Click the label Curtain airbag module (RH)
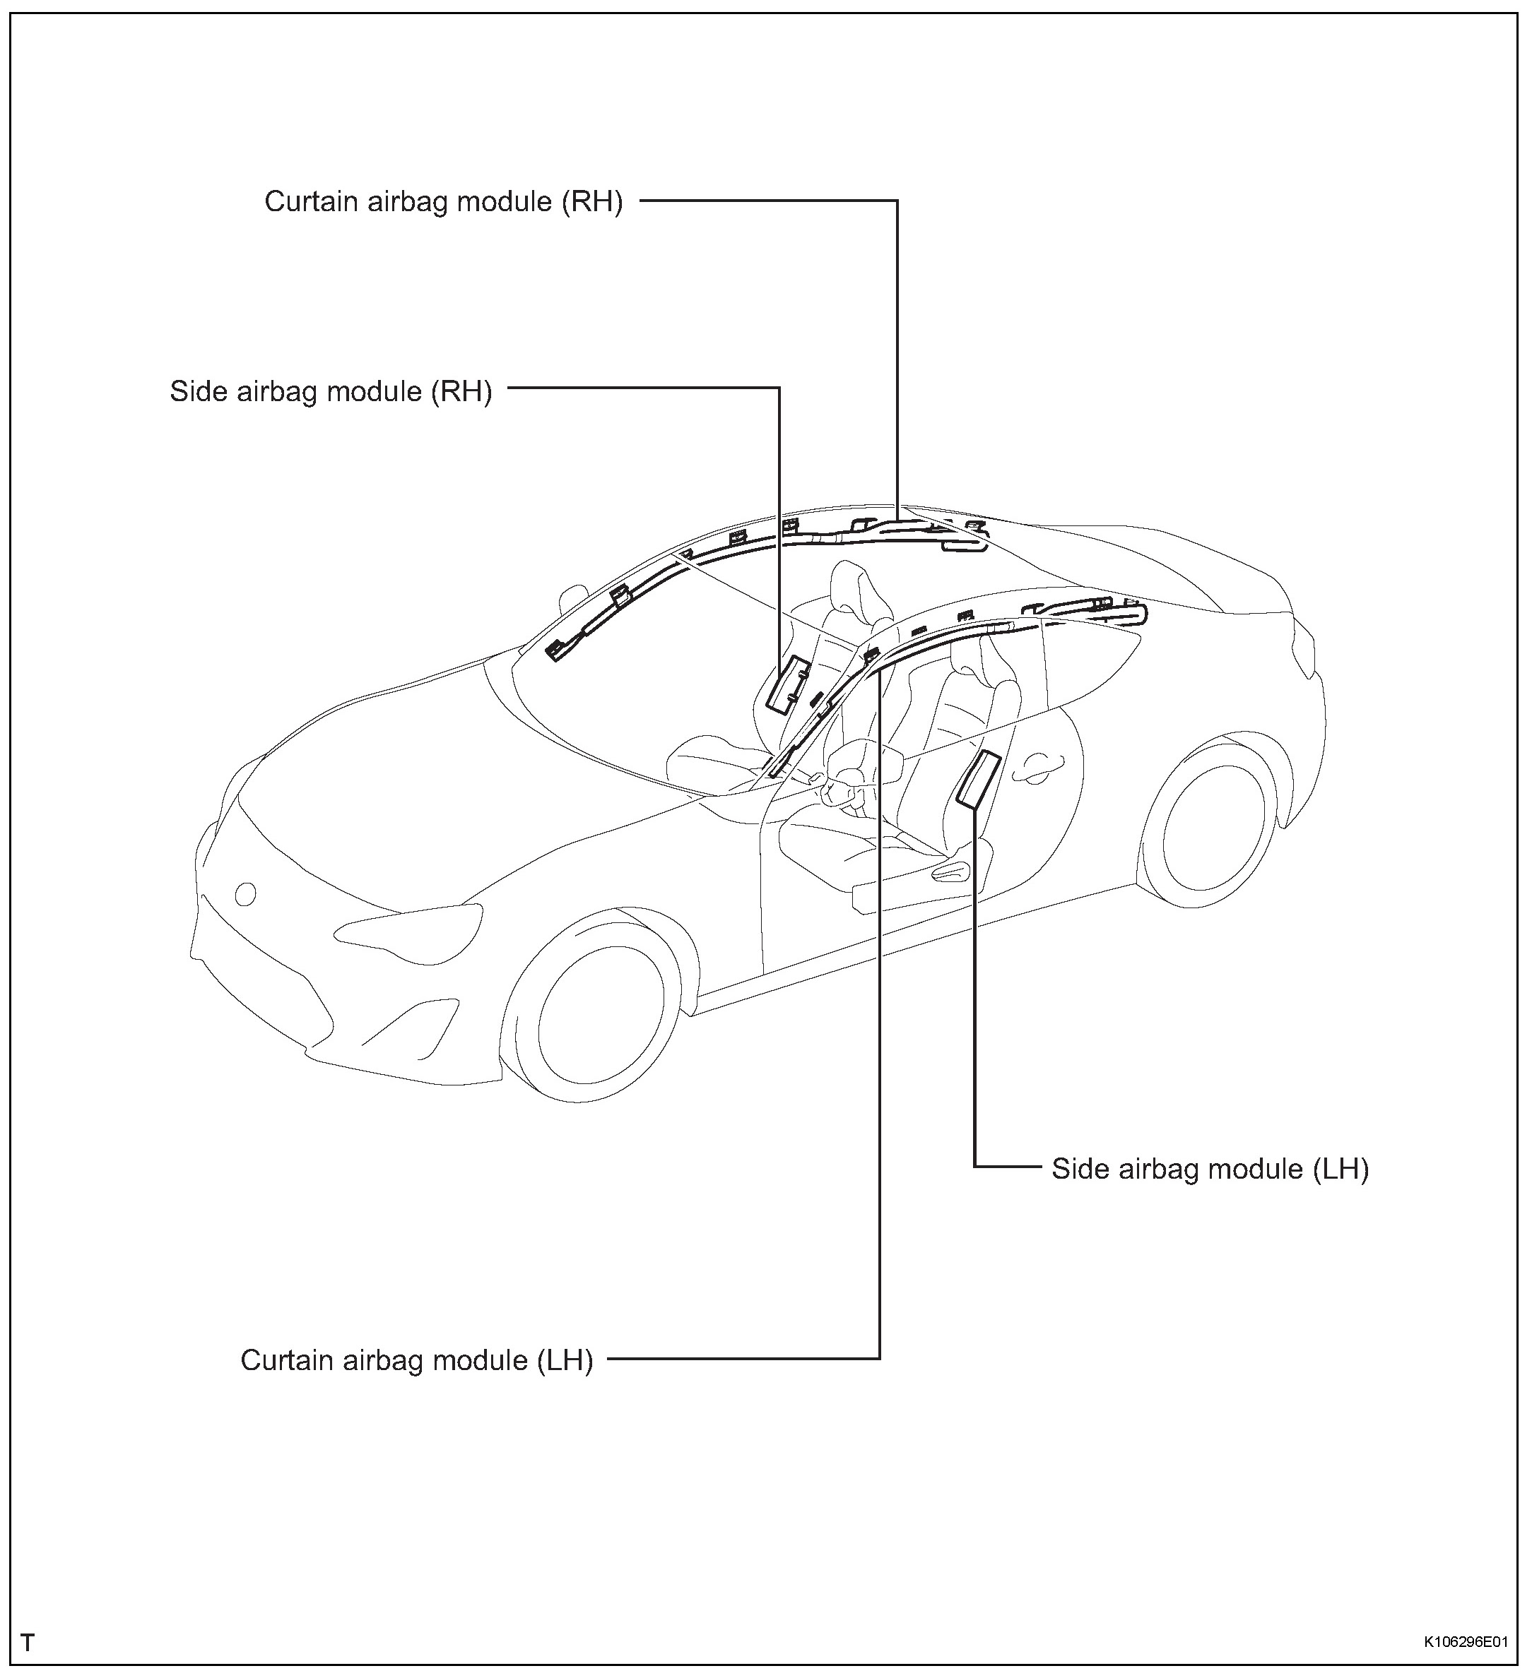point(443,202)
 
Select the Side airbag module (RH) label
point(331,391)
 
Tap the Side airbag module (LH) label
point(1210,1169)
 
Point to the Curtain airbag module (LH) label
point(416,1360)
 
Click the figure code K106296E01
point(1465,1642)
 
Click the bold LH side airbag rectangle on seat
point(977,779)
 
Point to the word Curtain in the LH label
point(281,1360)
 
